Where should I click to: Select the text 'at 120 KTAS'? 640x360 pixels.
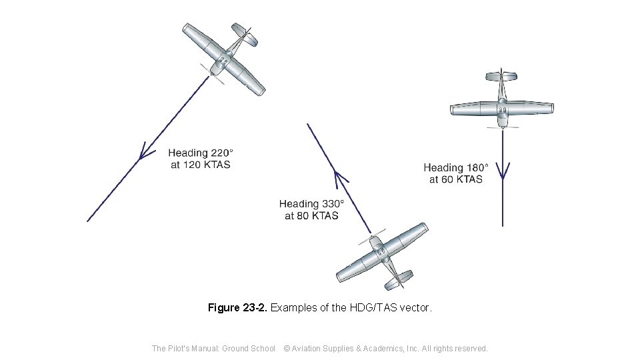[x=200, y=165]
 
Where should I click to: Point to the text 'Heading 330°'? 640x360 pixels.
[x=311, y=204]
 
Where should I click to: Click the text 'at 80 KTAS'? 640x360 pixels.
[x=311, y=216]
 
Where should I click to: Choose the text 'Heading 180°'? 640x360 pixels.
[x=456, y=167]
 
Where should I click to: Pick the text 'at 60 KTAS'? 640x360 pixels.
[x=456, y=179]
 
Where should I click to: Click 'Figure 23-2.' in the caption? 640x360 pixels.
[x=237, y=308]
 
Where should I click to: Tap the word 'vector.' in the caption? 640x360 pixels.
[x=417, y=308]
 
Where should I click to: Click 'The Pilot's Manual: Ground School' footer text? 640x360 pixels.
[x=213, y=348]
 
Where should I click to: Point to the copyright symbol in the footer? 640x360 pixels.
[x=287, y=348]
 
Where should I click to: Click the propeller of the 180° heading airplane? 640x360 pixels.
[x=502, y=127]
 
